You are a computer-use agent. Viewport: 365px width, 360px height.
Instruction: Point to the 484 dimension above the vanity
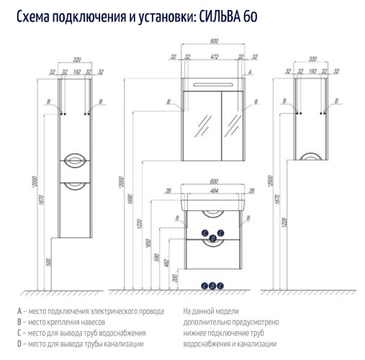(x=213, y=190)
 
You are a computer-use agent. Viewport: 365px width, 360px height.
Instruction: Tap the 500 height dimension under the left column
(x=49, y=263)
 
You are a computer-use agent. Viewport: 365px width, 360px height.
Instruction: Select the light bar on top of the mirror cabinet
(x=213, y=86)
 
